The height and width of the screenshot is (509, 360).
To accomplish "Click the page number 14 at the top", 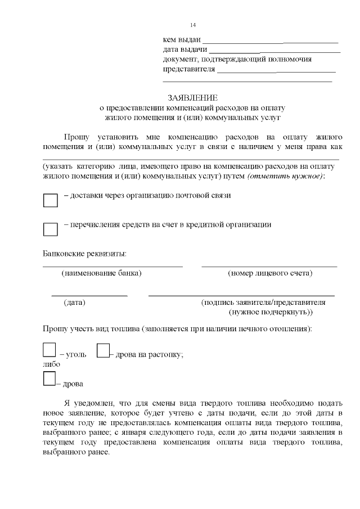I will tap(193, 25).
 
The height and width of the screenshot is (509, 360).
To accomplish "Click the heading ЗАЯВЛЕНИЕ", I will tap(192, 97).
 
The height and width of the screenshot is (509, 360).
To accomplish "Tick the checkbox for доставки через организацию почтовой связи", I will tap(51, 200).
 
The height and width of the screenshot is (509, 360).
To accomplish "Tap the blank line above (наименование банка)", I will tap(112, 266).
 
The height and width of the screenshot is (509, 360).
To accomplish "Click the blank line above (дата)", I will tap(89, 295).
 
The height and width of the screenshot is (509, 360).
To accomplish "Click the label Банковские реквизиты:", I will tap(85, 254).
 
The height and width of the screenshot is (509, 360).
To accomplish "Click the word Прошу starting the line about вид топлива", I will tap(54, 328).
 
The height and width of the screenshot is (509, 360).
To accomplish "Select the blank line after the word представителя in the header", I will tap(276, 72).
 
